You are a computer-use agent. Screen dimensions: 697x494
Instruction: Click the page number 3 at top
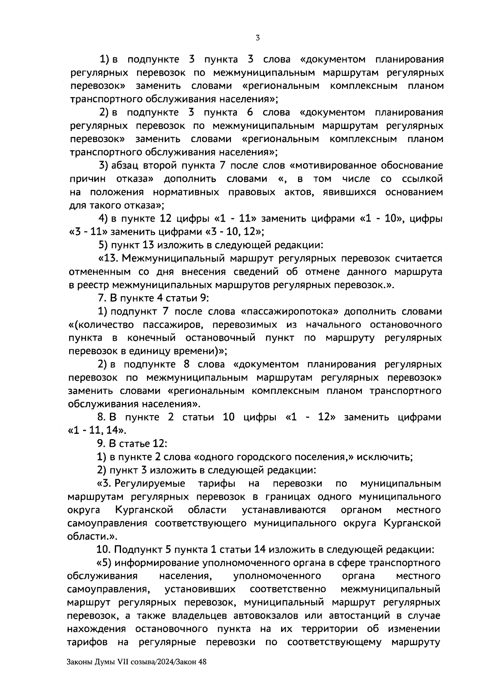pos(257,38)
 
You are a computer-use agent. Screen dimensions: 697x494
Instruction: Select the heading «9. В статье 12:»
pos(132,444)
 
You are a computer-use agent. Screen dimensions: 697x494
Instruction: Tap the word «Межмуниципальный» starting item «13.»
pos(173,259)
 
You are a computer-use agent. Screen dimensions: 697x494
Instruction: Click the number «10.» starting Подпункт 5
pos(104,550)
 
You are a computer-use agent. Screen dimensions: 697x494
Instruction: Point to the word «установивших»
pos(200,589)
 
